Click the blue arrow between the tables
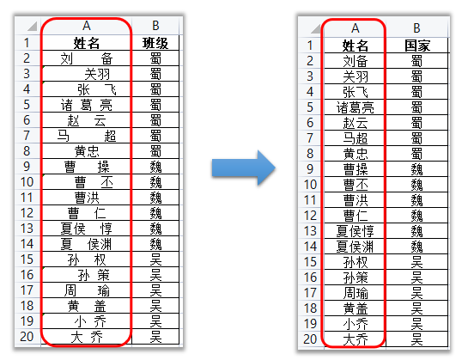[x=243, y=168]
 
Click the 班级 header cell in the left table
[x=155, y=43]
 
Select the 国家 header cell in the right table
[x=416, y=46]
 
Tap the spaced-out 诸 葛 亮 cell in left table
[x=87, y=105]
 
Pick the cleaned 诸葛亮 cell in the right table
[x=355, y=107]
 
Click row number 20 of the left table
[x=27, y=337]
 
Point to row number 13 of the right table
[x=310, y=231]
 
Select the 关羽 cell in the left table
[x=87, y=74]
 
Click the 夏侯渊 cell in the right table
[x=355, y=247]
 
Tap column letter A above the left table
[x=87, y=26]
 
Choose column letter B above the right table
[x=416, y=28]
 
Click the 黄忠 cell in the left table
[x=87, y=151]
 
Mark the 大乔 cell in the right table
[x=355, y=339]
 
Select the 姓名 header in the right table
[x=355, y=46]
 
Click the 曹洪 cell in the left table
[x=87, y=198]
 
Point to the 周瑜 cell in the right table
[x=355, y=293]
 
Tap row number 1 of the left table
[x=27, y=43]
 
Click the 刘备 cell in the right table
[x=355, y=61]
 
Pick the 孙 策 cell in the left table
[x=87, y=275]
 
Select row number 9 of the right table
[x=310, y=169]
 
